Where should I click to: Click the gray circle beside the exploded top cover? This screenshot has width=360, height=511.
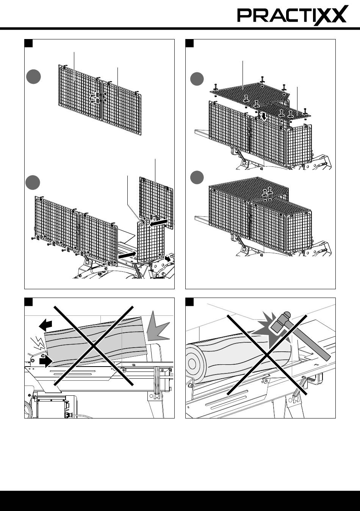point(197,80)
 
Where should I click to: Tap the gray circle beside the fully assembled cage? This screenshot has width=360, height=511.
point(197,177)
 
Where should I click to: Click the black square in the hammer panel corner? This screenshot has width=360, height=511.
point(189,302)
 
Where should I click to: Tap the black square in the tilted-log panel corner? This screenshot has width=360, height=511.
point(28,302)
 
